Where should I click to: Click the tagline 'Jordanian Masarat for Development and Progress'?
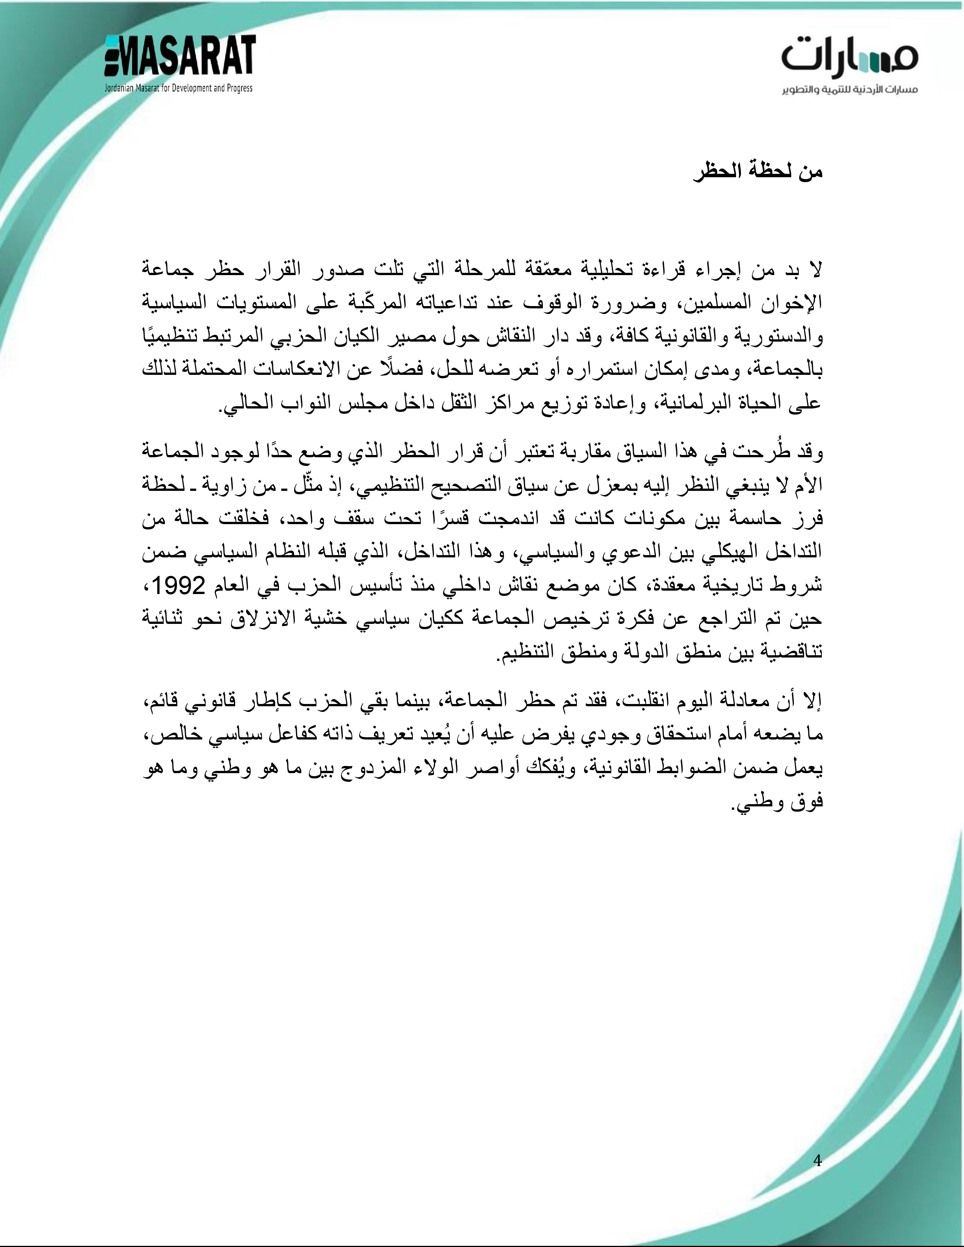[178, 88]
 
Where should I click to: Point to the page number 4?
[817, 1160]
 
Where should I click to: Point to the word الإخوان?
[789, 303]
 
